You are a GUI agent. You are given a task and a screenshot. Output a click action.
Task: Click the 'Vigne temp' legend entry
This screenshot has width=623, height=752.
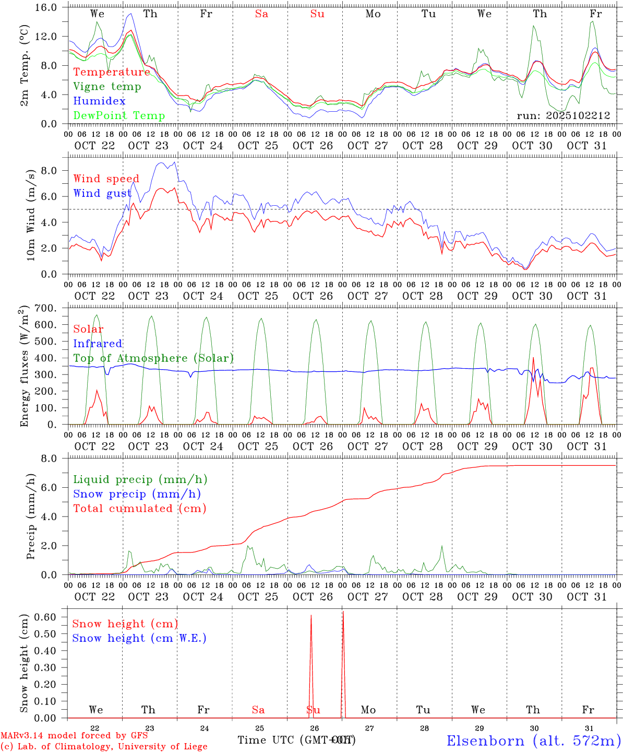(x=107, y=87)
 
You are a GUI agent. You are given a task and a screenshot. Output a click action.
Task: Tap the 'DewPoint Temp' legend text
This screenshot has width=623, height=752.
(x=119, y=115)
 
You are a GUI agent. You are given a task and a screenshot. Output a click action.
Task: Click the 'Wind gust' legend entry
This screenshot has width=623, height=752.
(x=102, y=193)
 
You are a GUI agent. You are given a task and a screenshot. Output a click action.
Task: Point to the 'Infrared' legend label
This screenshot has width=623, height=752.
(x=98, y=344)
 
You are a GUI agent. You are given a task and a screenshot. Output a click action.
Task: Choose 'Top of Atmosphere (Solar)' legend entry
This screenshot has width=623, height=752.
(x=153, y=358)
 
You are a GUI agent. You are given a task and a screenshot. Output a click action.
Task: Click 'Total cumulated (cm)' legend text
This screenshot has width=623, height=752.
(x=139, y=508)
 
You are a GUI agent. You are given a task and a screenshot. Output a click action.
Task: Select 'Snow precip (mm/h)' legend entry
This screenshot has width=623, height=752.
(x=137, y=494)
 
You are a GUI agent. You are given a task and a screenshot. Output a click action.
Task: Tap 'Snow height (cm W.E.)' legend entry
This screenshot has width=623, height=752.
(x=139, y=638)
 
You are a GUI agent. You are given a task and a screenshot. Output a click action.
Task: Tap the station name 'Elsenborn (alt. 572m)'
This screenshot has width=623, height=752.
(x=533, y=740)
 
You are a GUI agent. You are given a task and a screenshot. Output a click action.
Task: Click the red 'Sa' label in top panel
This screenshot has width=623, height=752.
(x=261, y=14)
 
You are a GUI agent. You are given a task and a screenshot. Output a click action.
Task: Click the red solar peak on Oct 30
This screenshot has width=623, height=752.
(x=533, y=358)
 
